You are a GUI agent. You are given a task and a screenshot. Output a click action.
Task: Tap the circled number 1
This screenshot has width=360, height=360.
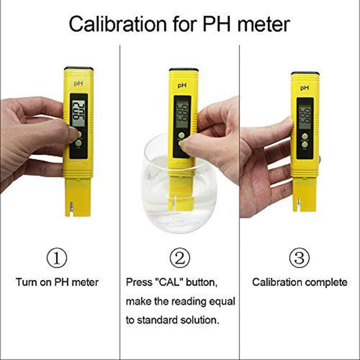[57, 258]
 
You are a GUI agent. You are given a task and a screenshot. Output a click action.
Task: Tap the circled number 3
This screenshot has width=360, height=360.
[299, 258]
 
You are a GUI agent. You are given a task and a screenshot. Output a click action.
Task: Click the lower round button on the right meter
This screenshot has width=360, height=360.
[305, 146]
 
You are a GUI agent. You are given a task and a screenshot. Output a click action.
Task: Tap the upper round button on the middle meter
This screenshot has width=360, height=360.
[181, 135]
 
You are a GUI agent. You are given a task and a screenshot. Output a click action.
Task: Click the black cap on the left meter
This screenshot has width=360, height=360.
[78, 68]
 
